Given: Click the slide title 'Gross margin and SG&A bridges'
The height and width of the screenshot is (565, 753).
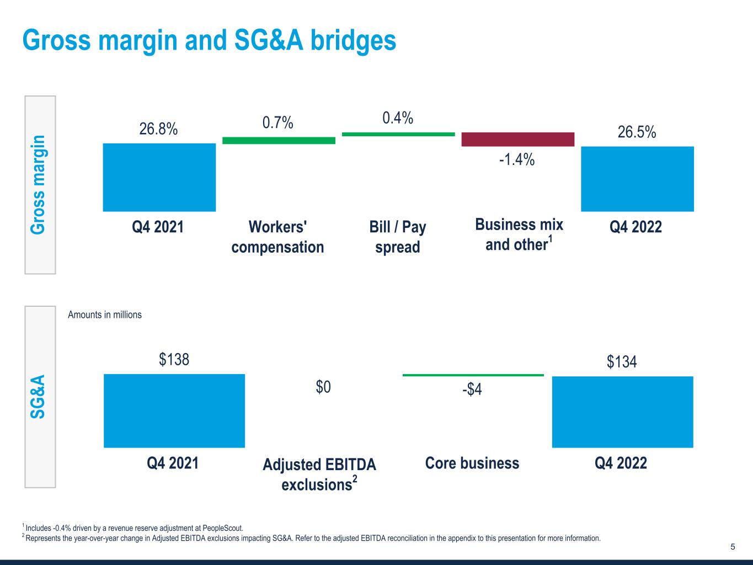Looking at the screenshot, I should (209, 40).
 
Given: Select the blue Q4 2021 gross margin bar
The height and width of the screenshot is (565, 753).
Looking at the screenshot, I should (159, 177).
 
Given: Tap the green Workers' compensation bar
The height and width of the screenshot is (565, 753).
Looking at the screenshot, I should (279, 141).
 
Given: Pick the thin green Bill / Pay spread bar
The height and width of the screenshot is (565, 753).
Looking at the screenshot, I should (398, 134).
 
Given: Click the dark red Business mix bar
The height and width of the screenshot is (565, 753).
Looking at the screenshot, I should (517, 139).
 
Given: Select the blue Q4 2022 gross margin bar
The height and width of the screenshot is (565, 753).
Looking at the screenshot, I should (637, 179).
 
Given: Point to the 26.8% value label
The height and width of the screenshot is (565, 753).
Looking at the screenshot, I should (158, 129).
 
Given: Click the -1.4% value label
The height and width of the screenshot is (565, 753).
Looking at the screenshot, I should (517, 160).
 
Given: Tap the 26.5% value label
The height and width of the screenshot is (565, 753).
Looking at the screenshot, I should (637, 132).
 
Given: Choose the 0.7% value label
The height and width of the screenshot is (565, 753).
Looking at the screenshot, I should (277, 122).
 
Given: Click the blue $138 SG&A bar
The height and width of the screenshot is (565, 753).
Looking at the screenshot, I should (174, 411).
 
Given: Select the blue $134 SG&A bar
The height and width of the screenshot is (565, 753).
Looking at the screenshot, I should (622, 412).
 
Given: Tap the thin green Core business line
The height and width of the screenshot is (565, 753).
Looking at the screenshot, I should (473, 375).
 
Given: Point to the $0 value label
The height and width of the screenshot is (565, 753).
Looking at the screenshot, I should (323, 387).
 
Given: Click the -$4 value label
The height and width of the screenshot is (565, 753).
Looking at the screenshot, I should (472, 390).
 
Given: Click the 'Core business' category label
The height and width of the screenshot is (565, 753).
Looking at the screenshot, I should (472, 463).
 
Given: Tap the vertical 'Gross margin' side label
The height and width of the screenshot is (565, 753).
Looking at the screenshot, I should (39, 184).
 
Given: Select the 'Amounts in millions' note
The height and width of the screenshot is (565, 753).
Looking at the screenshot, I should (105, 315).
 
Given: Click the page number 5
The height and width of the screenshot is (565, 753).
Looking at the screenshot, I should (733, 547).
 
